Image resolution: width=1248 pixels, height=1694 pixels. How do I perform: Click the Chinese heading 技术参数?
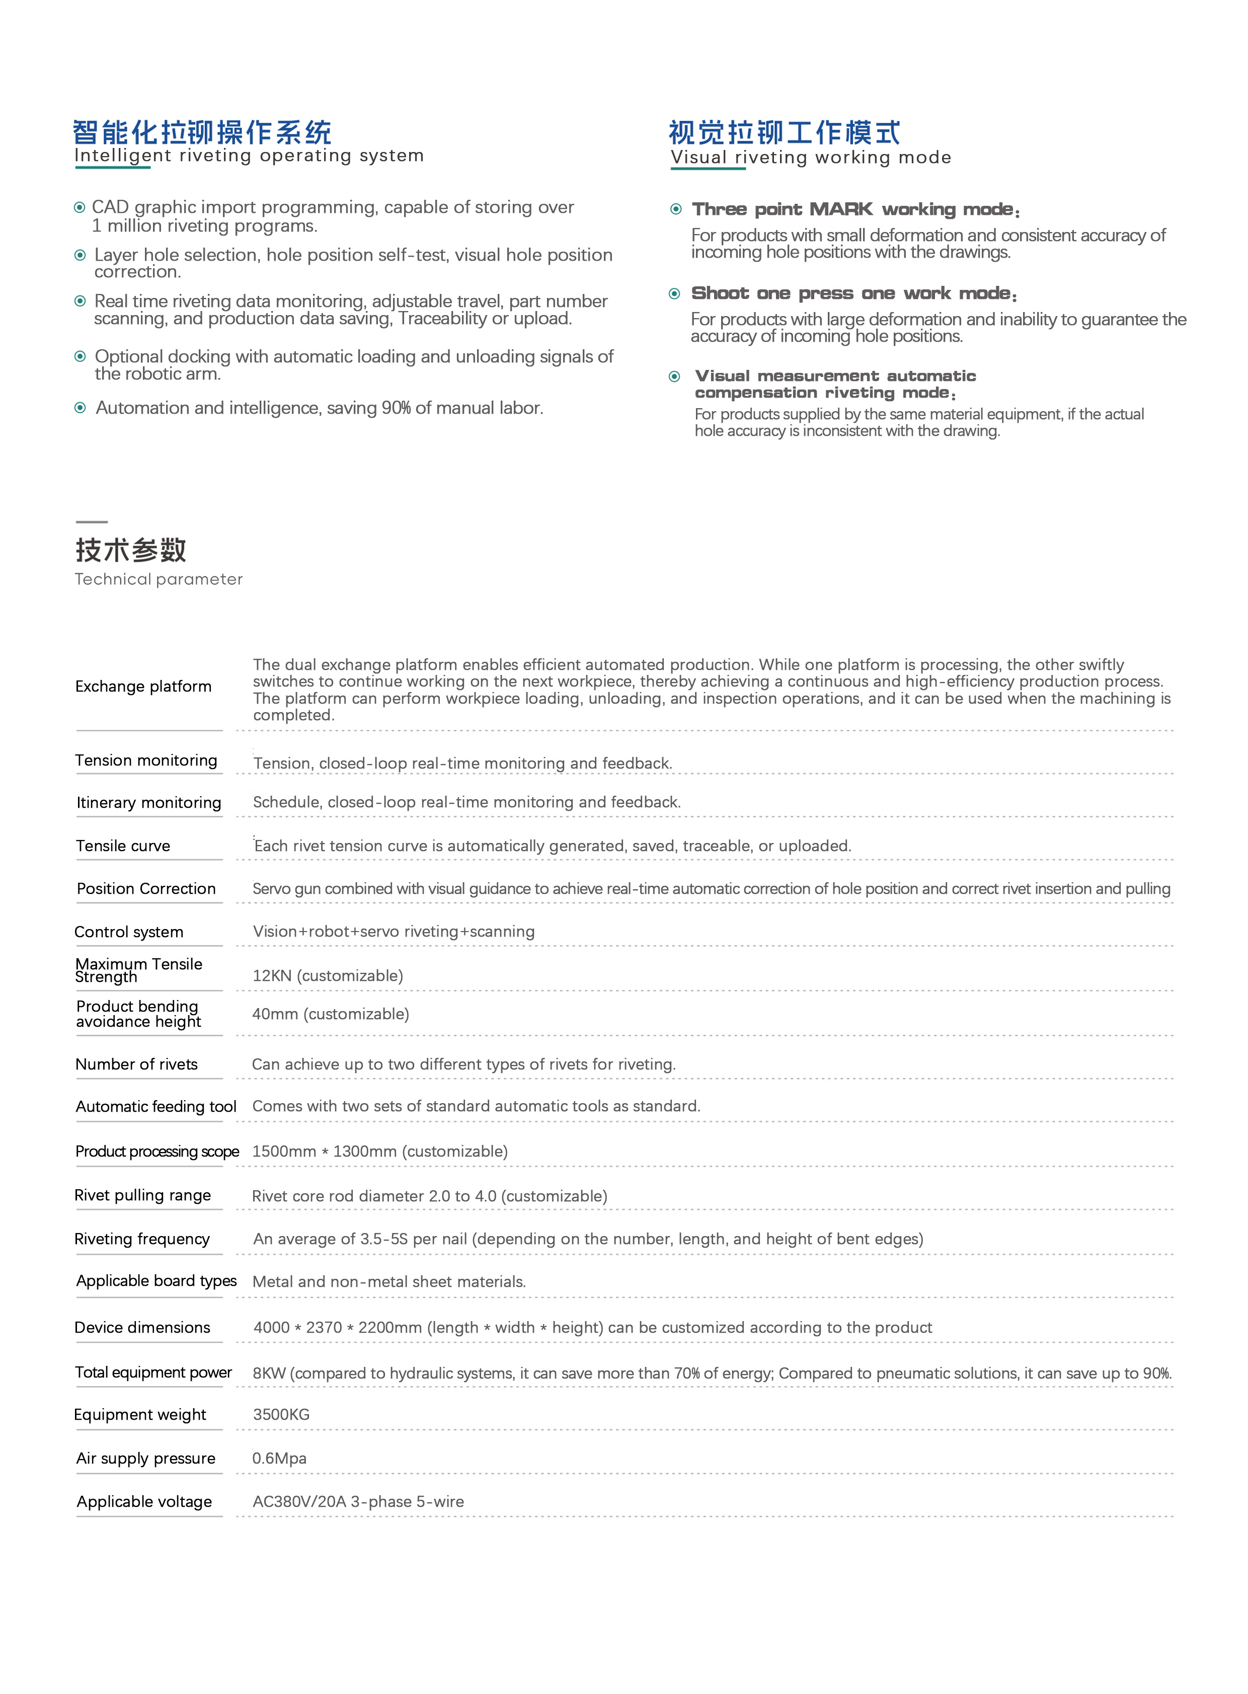click(131, 550)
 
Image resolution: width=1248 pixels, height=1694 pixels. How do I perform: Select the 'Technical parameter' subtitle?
click(159, 580)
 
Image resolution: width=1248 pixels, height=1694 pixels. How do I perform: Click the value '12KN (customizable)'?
click(328, 975)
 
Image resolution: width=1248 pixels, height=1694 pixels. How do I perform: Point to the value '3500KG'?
click(281, 1415)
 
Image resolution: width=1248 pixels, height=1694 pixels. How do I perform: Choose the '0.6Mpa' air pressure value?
click(279, 1458)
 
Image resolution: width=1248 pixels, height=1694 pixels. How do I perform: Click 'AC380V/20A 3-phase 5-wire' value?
click(358, 1501)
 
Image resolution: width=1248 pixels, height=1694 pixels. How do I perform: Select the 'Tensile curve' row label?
click(123, 845)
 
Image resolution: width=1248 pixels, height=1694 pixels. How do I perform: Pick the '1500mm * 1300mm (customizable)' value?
click(380, 1151)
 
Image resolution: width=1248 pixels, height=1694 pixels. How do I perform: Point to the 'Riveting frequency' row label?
click(142, 1239)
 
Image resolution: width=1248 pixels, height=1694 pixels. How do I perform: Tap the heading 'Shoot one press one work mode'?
click(853, 293)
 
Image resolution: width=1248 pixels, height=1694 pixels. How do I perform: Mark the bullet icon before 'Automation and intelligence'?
click(80, 408)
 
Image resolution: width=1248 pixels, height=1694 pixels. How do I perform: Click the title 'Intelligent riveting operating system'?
click(249, 156)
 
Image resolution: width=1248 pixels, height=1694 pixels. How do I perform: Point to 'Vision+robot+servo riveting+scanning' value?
click(394, 932)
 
